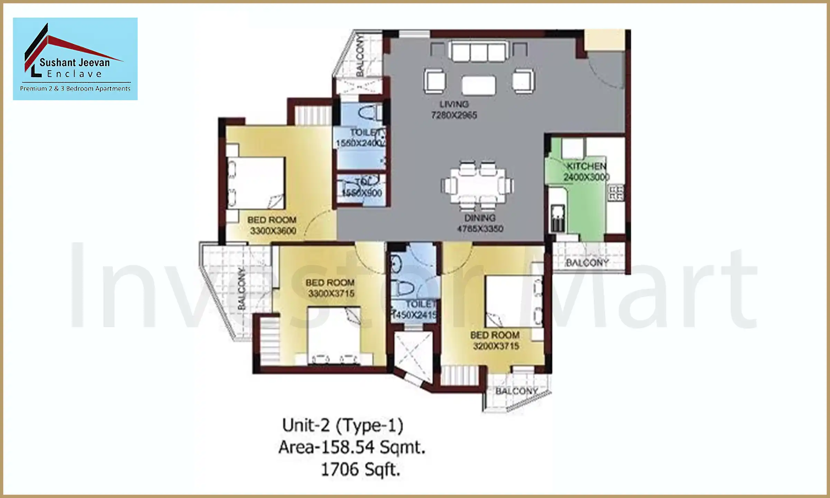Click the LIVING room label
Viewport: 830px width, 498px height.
[454, 104]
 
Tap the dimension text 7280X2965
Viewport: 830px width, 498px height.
[454, 115]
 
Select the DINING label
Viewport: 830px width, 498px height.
[480, 218]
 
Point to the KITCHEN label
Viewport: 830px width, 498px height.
[587, 166]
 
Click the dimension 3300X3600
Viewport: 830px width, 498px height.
[273, 231]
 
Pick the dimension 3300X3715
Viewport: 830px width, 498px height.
[331, 294]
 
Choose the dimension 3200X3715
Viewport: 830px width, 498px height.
[496, 346]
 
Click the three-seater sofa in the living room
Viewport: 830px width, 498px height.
[479, 52]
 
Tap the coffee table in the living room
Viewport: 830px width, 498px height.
[479, 85]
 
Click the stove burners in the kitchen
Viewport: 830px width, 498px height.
[616, 193]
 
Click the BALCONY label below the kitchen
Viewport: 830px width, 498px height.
[587, 263]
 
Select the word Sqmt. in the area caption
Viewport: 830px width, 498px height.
[402, 447]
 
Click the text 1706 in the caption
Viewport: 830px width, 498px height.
[340, 470]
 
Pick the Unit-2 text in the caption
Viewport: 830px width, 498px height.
[306, 425]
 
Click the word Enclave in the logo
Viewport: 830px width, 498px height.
[74, 74]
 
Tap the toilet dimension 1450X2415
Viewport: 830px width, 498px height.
[414, 315]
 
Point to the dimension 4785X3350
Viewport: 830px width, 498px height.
[480, 229]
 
